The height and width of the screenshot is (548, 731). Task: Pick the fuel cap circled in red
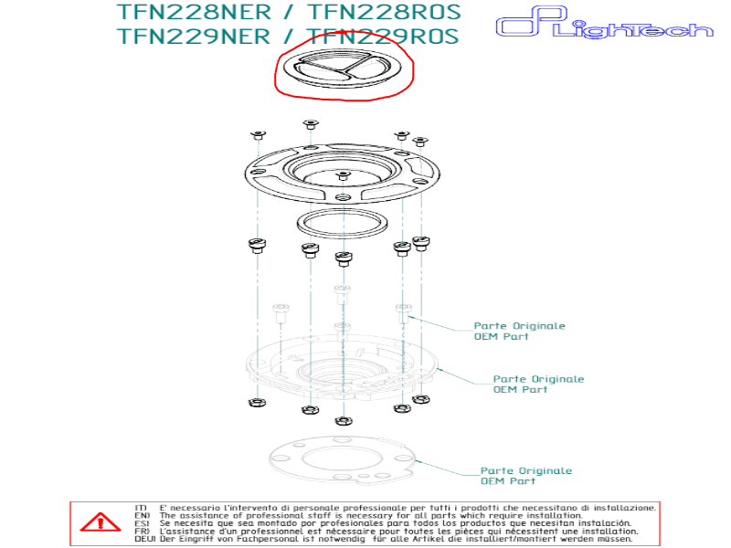click(344, 70)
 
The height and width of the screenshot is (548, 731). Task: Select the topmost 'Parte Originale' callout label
click(519, 325)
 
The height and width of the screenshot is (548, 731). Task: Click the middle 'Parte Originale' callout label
click(538, 378)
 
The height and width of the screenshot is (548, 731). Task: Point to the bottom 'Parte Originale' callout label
click(526, 470)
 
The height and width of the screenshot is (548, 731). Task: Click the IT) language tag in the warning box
click(141, 507)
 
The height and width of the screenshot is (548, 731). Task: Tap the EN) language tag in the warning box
click(141, 515)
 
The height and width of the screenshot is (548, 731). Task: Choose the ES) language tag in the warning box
click(141, 523)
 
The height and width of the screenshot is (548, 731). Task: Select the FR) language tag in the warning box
click(141, 531)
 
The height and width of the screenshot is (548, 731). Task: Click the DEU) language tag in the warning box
click(143, 539)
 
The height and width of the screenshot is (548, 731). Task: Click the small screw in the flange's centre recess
click(342, 174)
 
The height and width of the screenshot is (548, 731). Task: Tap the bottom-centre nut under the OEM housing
click(344, 421)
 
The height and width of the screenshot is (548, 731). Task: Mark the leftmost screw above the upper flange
click(257, 135)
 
